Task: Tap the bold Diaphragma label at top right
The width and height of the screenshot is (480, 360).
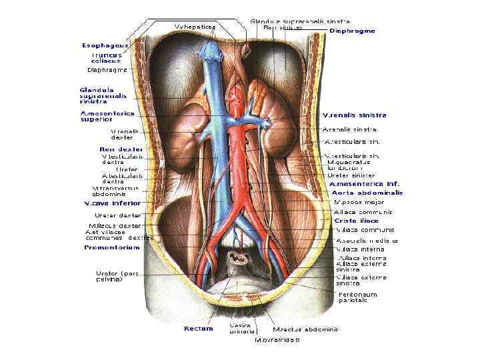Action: [x=353, y=31]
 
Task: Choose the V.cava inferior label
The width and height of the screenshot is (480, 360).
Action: [x=111, y=203]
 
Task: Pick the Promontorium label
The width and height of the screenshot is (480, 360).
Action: [x=111, y=247]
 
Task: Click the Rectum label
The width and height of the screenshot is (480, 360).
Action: [x=198, y=328]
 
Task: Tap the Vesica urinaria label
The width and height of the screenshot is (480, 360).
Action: [x=240, y=328]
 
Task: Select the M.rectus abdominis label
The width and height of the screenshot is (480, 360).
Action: [x=305, y=329]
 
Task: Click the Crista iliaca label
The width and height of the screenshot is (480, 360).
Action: [x=356, y=221]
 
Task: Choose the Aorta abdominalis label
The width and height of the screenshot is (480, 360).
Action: [x=367, y=192]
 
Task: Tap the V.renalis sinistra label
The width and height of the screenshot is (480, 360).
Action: [x=355, y=115]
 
